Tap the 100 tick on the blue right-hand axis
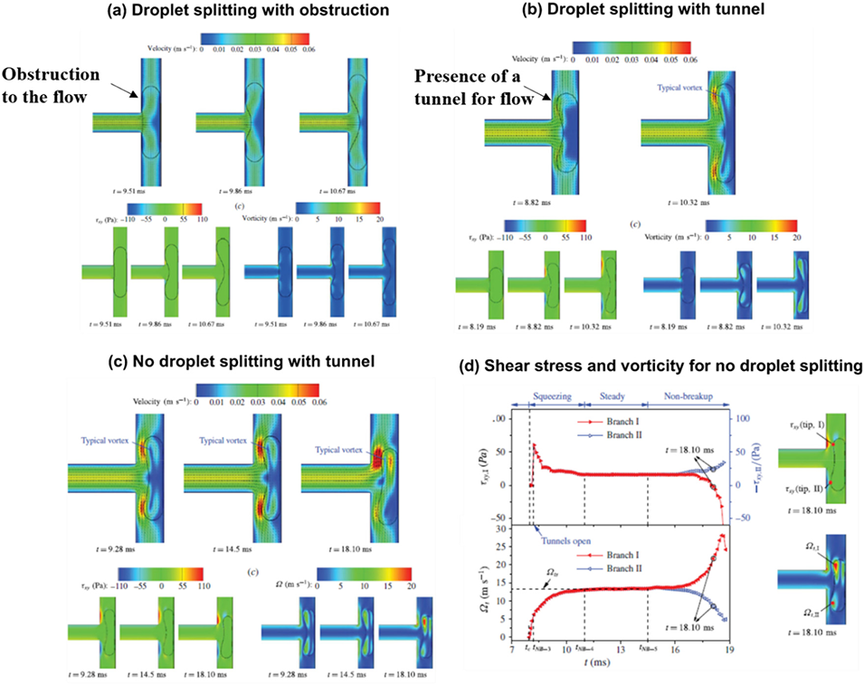click(741, 420)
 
